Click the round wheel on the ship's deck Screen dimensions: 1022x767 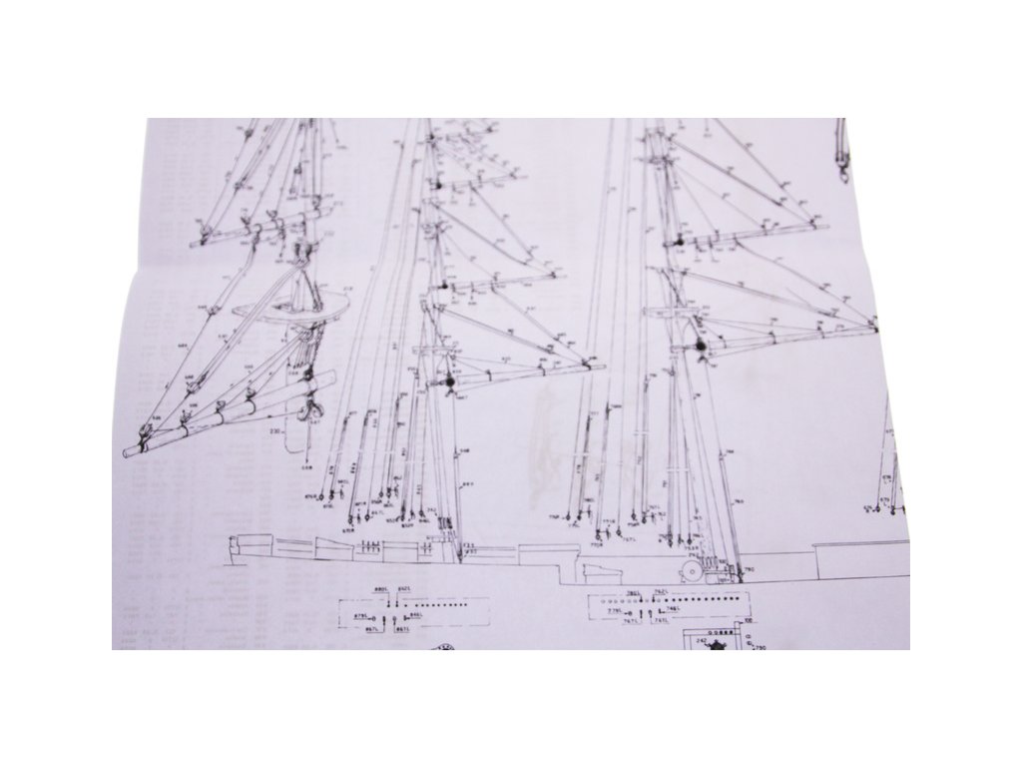pos(690,569)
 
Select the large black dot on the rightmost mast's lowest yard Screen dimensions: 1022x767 pos(701,346)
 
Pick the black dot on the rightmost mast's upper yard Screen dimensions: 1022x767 pos(679,241)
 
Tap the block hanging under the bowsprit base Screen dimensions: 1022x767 pos(312,409)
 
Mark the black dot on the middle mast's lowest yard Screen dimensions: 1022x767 pos(446,381)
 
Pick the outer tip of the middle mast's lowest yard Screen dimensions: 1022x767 pos(602,367)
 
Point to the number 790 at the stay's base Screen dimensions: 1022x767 pos(749,569)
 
